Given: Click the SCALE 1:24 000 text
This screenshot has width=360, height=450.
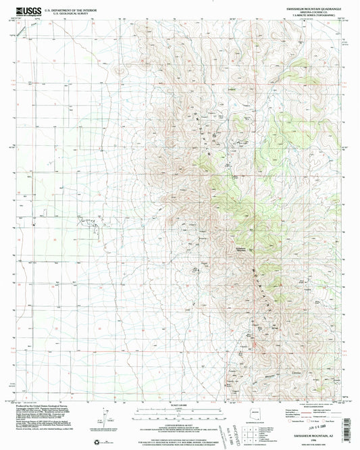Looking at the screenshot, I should pos(179,405).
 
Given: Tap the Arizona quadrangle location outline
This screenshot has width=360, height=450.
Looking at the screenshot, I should pos(255,413).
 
